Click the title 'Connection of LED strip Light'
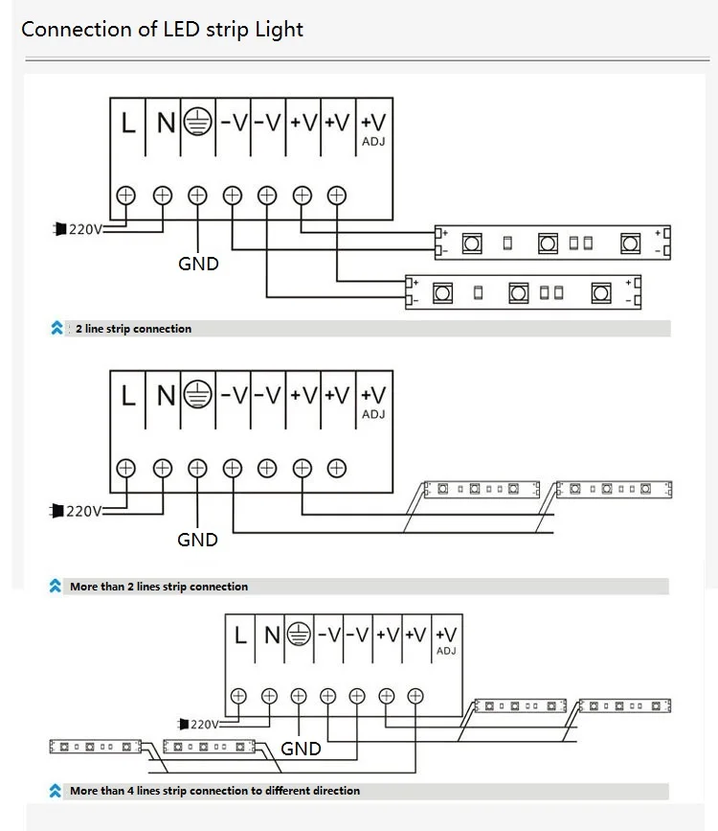162,29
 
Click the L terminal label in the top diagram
128,124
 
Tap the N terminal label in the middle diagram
166,395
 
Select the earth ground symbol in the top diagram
197,124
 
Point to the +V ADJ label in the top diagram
373,128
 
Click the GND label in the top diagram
198,264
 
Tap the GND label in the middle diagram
197,540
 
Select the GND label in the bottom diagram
301,749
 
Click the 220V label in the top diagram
83,229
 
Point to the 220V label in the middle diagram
83,511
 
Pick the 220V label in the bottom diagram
204,724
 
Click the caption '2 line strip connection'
133,329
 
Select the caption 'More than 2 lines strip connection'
158,586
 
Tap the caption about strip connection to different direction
214,791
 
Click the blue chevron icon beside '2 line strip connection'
56,329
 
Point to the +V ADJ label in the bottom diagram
446,639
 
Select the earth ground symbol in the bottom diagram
300,635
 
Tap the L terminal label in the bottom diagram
240,635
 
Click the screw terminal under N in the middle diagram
163,468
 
